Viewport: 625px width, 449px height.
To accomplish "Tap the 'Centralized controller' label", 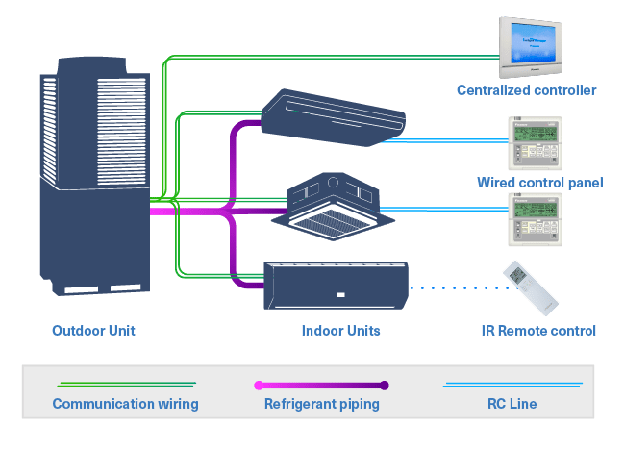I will (x=526, y=90).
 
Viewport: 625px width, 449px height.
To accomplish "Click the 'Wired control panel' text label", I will (x=539, y=182).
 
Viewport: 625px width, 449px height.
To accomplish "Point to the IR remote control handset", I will (x=529, y=286).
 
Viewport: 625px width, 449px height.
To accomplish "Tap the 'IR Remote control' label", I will (x=538, y=331).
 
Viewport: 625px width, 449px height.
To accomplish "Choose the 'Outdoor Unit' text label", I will (x=93, y=331).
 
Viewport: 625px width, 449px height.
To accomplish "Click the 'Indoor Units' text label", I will (x=340, y=331).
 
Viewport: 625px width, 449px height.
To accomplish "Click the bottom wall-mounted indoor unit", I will (x=336, y=285).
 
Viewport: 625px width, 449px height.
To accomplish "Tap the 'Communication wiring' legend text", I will (x=125, y=404).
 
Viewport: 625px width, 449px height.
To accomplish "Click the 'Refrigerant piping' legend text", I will (x=321, y=404).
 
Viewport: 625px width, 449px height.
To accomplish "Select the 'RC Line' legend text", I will (x=512, y=404).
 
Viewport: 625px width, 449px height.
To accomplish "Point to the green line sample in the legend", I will (x=125, y=384).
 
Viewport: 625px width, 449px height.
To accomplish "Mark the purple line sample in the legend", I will (x=321, y=385).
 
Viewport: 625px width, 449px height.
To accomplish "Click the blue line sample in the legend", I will (x=512, y=385).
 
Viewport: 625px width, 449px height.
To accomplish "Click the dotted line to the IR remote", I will (x=452, y=286).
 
